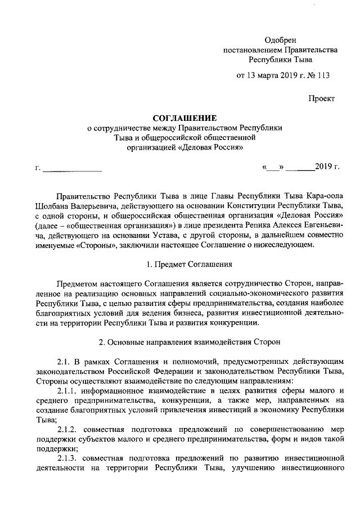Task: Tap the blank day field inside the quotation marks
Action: pos(274,168)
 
